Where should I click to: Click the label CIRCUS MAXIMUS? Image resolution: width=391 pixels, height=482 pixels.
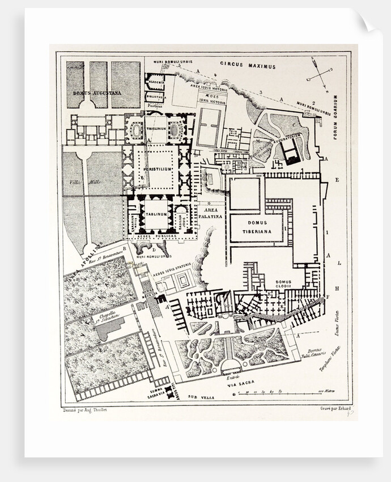tap(248, 66)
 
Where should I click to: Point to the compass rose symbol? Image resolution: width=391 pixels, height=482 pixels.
tap(319, 75)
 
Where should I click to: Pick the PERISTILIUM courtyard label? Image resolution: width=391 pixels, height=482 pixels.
tap(156, 170)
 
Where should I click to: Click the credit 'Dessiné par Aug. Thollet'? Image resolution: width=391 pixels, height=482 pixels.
tap(83, 409)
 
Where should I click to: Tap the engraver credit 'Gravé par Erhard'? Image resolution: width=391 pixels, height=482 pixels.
tap(335, 409)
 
